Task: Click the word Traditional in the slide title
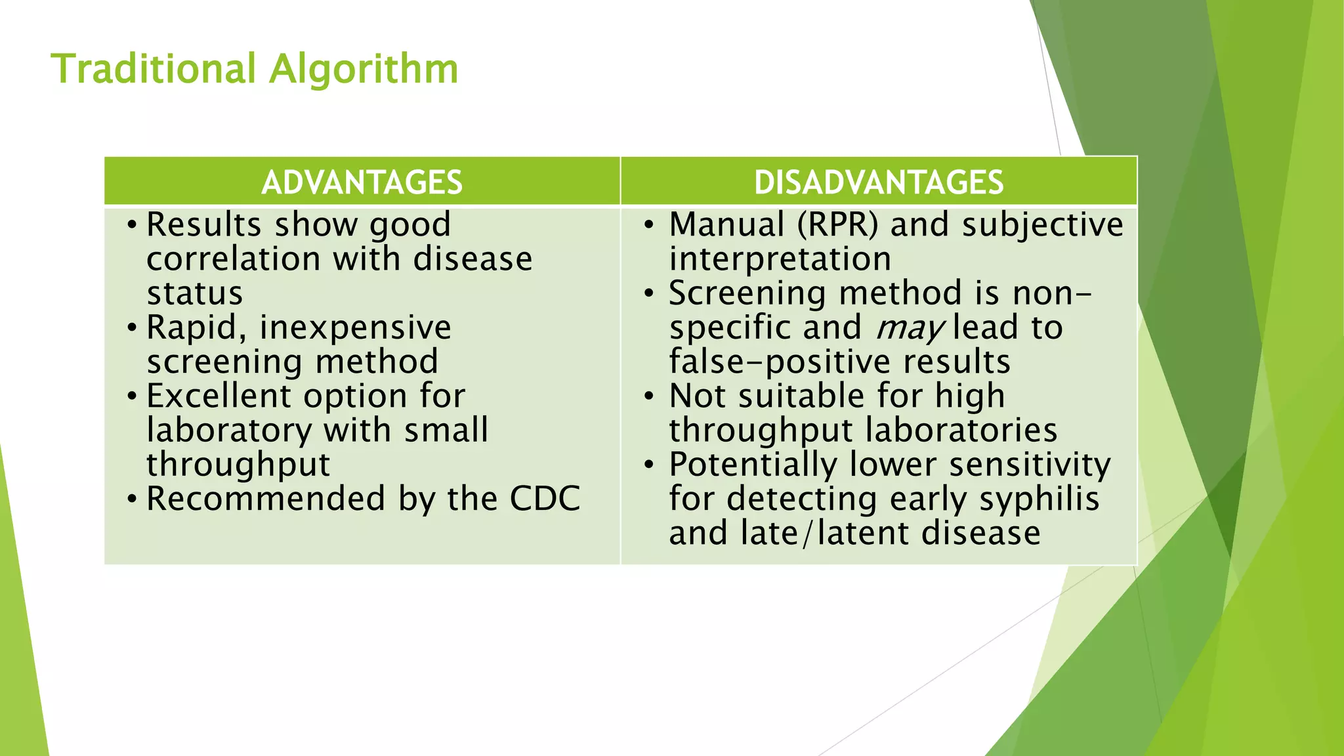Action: point(153,69)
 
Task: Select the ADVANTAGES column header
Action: point(362,182)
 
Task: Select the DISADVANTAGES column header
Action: point(878,182)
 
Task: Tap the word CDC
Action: point(545,499)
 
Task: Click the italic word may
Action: point(910,328)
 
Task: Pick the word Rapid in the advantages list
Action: point(196,327)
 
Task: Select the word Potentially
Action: point(752,465)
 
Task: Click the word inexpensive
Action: point(355,327)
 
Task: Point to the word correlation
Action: point(235,259)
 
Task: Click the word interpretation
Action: point(780,259)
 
